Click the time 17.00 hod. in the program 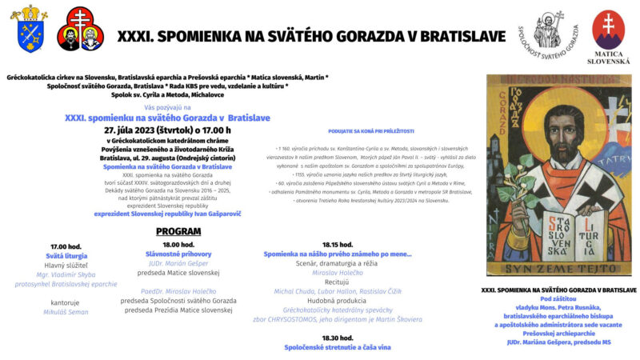(x=66, y=246)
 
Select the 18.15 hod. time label (x=338, y=244)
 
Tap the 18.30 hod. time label (x=338, y=338)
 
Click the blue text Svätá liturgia (x=66, y=256)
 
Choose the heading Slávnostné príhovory (x=178, y=254)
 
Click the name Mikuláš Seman (x=66, y=312)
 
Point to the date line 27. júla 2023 (x=167, y=129)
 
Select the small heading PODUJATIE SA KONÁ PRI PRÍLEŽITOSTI (x=371, y=130)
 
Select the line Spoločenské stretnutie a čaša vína (x=338, y=347)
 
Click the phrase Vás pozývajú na (x=167, y=107)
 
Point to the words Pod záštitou (x=558, y=298)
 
